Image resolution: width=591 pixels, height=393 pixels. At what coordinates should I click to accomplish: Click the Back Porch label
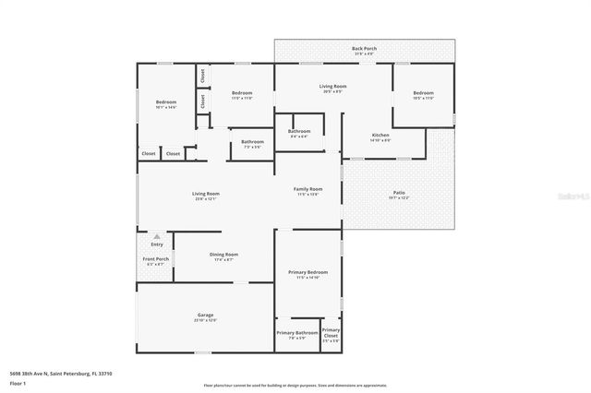pos(364,48)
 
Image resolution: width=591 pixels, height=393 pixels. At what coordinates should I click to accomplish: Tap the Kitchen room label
pos(380,136)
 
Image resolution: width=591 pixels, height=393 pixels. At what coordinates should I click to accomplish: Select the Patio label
pos(399,193)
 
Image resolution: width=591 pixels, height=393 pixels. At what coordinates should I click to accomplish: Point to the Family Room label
pos(308,189)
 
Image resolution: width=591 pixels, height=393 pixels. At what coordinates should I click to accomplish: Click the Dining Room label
pos(224,255)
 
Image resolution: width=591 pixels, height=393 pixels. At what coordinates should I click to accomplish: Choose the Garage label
pos(205,316)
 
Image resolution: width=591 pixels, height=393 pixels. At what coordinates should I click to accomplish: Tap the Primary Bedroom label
pos(308,273)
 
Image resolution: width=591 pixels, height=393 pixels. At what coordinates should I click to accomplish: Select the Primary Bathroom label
pos(297,333)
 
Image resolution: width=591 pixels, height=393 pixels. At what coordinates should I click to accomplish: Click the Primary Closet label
pos(331,333)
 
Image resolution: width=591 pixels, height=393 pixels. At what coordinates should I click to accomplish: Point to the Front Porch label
pos(155,259)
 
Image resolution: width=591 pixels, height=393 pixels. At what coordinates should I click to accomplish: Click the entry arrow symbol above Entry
pos(156,236)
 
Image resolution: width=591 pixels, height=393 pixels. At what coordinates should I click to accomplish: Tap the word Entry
pos(156,244)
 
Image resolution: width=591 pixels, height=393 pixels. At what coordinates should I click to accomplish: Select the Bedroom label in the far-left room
pos(165,101)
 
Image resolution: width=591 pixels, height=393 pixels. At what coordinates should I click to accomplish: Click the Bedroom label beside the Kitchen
pos(423,93)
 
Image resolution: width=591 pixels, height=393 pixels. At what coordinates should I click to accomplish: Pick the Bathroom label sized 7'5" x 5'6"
pos(252,142)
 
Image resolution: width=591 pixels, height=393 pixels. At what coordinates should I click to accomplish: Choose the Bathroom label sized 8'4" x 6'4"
pos(299,132)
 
